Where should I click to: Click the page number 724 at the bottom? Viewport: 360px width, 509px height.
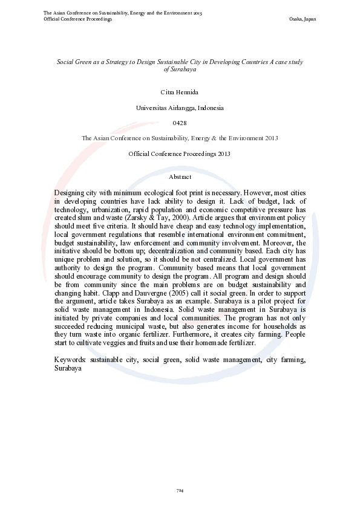tap(180, 490)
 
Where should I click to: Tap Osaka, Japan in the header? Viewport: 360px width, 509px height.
tap(304, 19)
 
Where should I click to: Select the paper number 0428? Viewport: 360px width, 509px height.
tap(180, 123)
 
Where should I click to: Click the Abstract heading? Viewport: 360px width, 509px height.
tap(180, 177)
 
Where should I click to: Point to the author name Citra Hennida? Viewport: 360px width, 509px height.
tap(180, 92)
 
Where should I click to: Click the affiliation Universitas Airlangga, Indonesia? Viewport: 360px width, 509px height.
tap(180, 108)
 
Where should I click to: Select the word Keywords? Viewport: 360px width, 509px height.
tap(70, 359)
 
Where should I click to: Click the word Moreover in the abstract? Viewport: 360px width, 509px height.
tap(275, 240)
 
